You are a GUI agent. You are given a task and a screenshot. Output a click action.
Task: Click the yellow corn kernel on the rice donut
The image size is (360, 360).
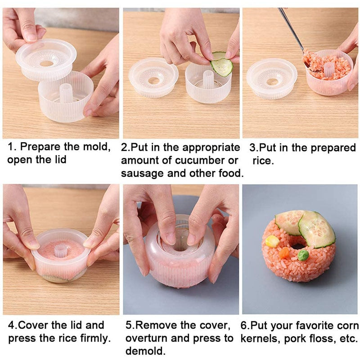pos(272,241)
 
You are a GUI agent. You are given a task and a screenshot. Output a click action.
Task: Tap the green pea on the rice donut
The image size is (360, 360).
pos(303,255)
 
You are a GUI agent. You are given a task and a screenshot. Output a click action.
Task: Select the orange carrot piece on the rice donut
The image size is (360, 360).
pos(283,252)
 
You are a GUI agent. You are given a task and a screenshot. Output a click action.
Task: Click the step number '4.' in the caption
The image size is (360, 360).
pos(13,325)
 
